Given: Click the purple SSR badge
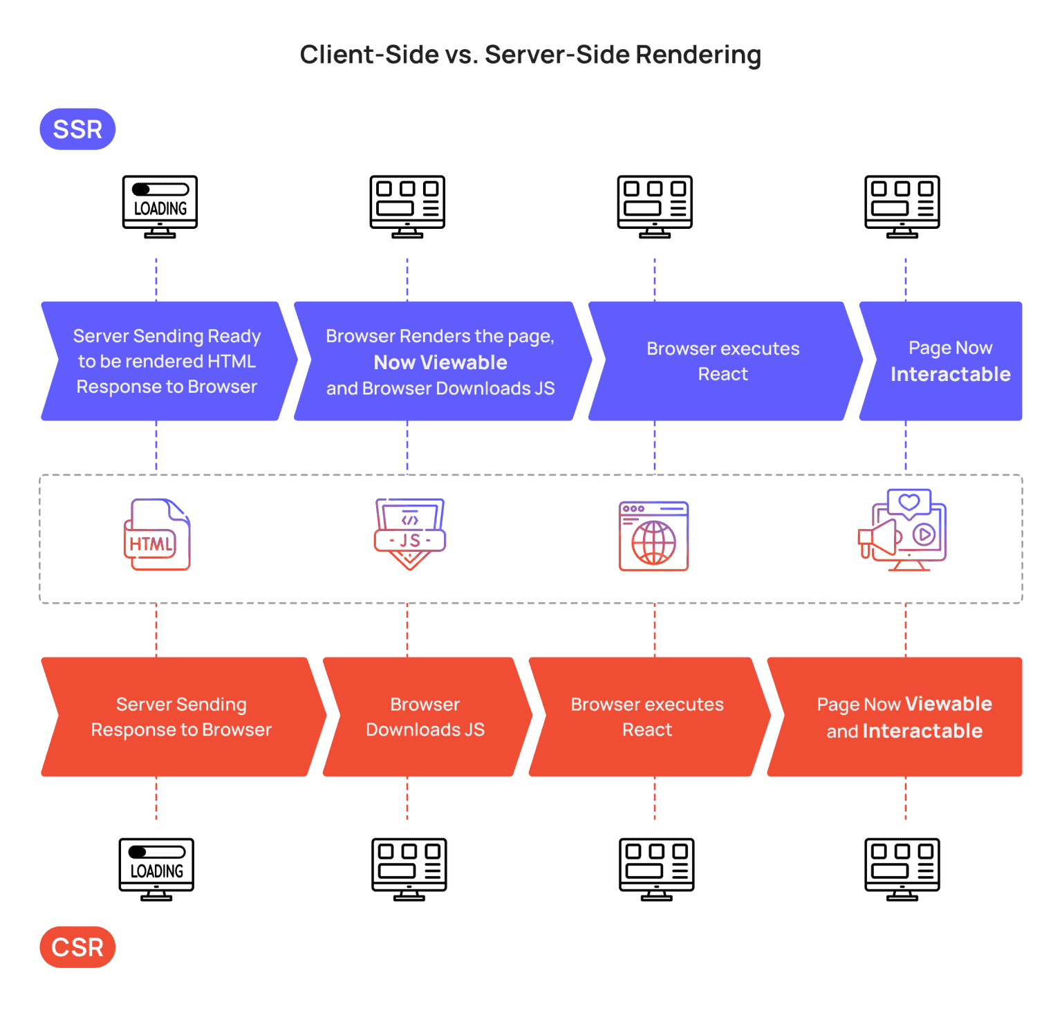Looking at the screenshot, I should (x=77, y=129).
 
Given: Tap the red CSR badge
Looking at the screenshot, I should (x=77, y=947).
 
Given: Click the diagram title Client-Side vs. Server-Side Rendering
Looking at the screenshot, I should (x=530, y=55).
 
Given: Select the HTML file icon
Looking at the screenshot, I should (x=157, y=535).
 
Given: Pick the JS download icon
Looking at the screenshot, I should (x=409, y=534).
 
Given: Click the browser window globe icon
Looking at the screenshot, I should (x=653, y=537).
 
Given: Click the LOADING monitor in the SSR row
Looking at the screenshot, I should (x=160, y=206).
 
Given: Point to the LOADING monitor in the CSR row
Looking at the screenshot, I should (x=156, y=869).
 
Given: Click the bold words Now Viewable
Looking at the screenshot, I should (x=440, y=362).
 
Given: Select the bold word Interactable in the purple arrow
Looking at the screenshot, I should (x=950, y=374).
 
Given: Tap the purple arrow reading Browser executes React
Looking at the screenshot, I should (x=723, y=361).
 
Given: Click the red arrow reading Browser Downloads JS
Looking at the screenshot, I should (x=425, y=717).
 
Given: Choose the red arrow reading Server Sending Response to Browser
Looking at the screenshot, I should (x=181, y=717).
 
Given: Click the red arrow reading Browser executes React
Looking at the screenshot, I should (x=647, y=717).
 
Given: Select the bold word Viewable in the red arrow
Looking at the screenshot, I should (x=948, y=704).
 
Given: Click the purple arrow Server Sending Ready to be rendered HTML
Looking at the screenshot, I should (x=167, y=361).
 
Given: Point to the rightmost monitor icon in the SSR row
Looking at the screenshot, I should (x=902, y=206).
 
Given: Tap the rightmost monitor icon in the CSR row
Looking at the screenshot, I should (x=902, y=869).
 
